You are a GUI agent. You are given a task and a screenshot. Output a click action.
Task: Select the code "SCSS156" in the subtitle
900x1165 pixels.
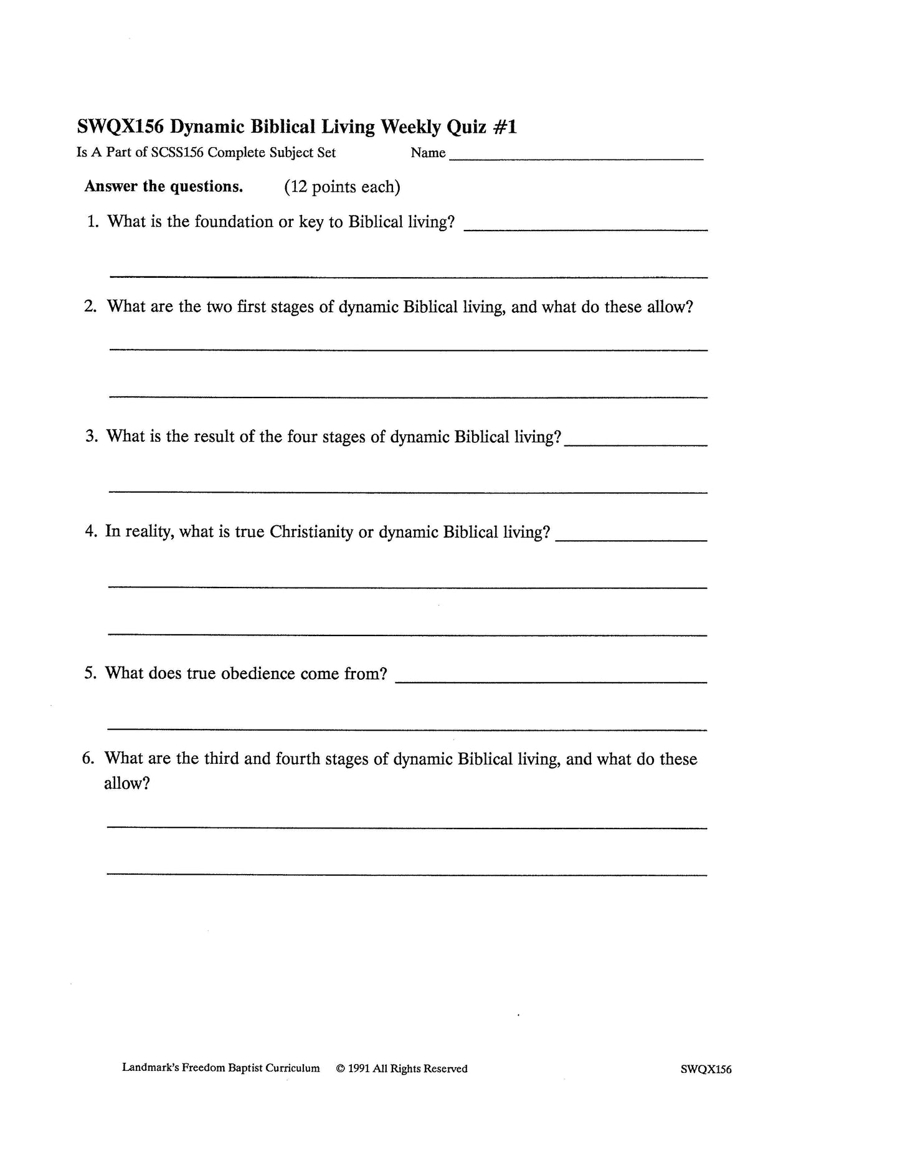pos(178,153)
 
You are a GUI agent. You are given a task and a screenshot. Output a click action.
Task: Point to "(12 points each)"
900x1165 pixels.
pos(342,187)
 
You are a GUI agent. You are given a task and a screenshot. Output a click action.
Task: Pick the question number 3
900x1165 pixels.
pos(92,436)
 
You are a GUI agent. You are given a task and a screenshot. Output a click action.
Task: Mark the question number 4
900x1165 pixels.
pos(91,531)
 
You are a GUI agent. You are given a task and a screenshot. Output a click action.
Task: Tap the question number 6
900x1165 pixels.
pos(88,758)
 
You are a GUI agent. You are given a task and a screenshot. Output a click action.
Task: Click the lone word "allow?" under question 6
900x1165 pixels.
pos(127,783)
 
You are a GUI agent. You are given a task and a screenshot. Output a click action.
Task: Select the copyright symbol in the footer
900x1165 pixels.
pos(340,1068)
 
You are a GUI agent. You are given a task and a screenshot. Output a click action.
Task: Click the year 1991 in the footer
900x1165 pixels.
pos(359,1068)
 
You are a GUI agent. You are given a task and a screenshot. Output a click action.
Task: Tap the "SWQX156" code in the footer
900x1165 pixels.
pos(706,1070)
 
